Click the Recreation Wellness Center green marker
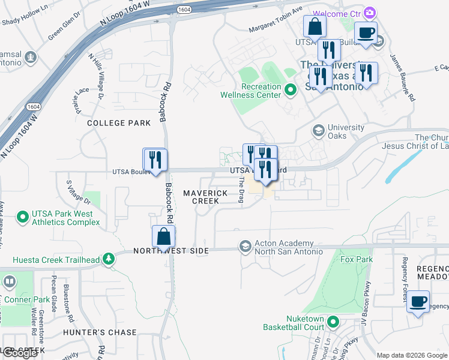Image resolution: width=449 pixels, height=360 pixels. point(291,91)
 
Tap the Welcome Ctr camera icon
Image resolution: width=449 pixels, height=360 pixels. point(370,13)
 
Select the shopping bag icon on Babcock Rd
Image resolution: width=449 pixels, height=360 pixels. point(163,237)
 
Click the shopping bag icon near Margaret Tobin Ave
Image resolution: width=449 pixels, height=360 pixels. point(315,27)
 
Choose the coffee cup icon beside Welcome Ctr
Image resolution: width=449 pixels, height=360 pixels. point(365,34)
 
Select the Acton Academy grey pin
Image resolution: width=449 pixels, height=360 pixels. point(245,247)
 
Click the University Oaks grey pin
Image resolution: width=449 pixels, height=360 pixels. point(318,130)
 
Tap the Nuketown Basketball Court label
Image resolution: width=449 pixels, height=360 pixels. point(294,323)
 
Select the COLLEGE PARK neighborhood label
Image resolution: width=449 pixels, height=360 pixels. point(119,123)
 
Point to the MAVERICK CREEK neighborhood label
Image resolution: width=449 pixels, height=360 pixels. point(205,197)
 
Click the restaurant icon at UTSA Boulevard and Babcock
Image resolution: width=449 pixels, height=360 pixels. point(155,160)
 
